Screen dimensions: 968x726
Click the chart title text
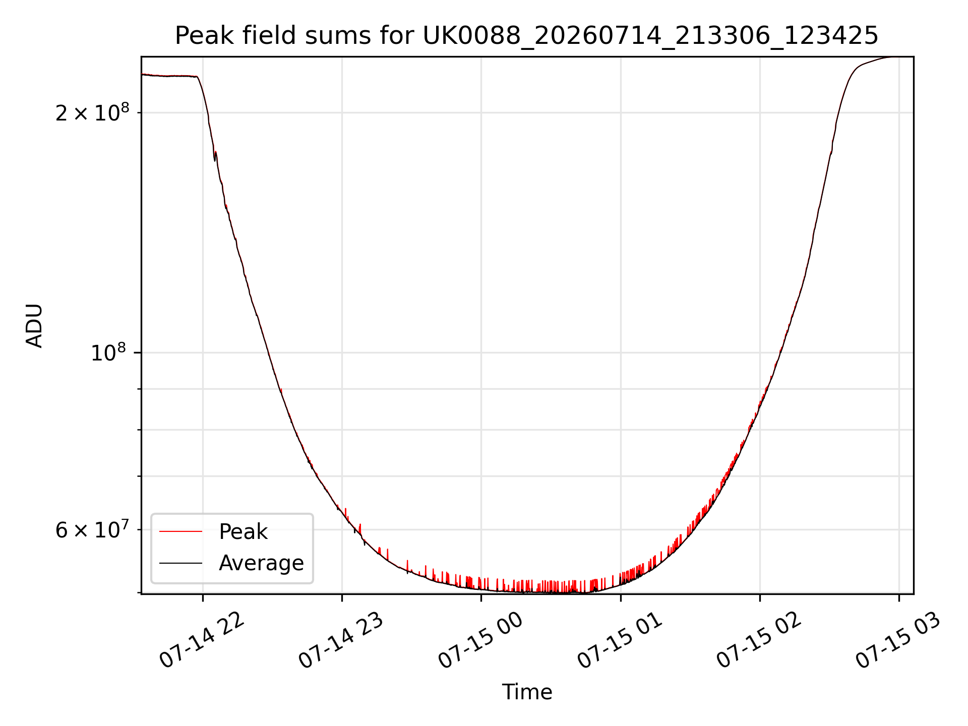click(527, 35)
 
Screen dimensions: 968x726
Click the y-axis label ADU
click(34, 326)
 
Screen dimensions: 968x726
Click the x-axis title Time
click(527, 692)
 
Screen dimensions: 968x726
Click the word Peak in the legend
click(243, 531)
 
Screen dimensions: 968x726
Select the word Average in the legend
click(261, 563)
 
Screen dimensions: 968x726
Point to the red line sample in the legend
click(181, 531)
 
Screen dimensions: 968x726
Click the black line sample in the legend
click(181, 563)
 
